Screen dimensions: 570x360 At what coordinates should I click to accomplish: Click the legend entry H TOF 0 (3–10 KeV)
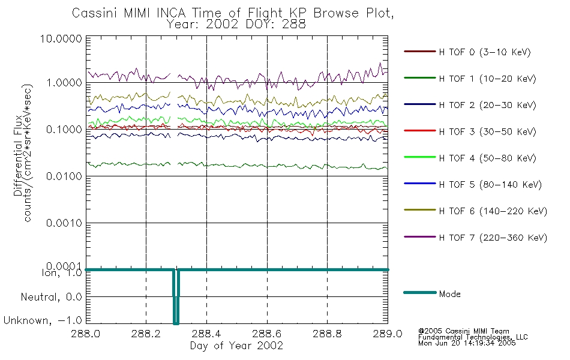[x=485, y=52]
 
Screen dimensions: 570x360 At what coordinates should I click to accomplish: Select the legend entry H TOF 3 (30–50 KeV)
[x=487, y=131]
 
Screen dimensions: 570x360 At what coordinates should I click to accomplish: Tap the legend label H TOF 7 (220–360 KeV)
[x=493, y=238]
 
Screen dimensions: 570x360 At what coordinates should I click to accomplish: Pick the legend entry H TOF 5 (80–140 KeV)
[x=490, y=185]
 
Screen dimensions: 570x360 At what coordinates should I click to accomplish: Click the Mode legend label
[x=449, y=294]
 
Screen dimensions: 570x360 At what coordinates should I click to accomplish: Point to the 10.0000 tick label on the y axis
[x=61, y=38]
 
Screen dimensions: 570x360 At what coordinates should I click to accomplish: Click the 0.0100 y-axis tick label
[x=64, y=176]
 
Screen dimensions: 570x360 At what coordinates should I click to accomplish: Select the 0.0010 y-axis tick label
[x=64, y=223]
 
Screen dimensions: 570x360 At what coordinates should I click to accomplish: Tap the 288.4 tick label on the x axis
[x=206, y=334]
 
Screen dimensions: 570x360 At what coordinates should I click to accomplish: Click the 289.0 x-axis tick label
[x=388, y=334]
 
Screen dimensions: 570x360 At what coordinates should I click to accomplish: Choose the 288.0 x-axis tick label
[x=86, y=334]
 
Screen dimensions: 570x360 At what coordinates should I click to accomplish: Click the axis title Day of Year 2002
[x=236, y=346]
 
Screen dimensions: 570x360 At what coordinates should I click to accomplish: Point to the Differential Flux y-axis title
[x=18, y=155]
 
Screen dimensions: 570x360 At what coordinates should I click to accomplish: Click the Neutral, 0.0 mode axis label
[x=51, y=297]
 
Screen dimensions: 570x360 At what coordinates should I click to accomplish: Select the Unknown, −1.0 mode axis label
[x=43, y=320]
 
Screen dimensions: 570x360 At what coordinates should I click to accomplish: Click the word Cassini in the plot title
[x=95, y=13]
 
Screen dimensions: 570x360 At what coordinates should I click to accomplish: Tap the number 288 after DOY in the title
[x=295, y=25]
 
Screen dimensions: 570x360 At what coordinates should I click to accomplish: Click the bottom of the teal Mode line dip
[x=176, y=323]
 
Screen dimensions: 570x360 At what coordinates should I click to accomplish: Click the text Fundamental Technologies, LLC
[x=473, y=337]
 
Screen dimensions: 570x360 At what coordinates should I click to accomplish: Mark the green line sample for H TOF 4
[x=420, y=157]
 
